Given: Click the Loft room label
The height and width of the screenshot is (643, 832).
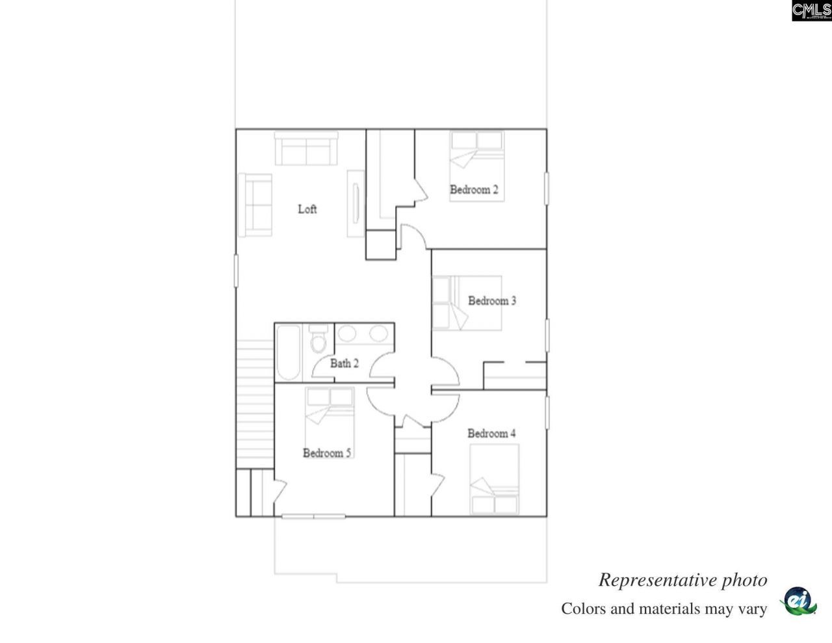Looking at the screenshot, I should [x=307, y=209].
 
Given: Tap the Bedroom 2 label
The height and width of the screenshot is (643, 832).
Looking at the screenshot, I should [x=474, y=190].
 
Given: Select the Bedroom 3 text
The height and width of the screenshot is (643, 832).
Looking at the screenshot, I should [x=492, y=301].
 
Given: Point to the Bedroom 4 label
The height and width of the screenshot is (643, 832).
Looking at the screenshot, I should [x=491, y=434].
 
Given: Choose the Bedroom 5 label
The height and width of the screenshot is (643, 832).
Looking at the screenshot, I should [x=327, y=453].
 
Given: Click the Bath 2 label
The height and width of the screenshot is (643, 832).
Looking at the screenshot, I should [x=344, y=363].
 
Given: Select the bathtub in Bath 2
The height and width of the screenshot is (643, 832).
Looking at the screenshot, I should [x=288, y=352].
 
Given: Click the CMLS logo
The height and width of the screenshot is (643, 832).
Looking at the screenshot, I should [x=811, y=10].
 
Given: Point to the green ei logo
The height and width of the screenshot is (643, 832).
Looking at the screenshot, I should [x=797, y=601].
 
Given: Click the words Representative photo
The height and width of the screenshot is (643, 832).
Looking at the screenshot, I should [x=682, y=580].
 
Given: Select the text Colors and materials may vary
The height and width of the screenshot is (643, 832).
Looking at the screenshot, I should [x=664, y=609].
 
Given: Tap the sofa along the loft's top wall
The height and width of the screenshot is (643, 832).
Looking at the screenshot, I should [x=305, y=149].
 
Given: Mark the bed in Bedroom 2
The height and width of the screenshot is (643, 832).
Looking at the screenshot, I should [x=477, y=166].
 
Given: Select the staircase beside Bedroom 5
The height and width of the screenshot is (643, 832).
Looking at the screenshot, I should [x=255, y=403].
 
